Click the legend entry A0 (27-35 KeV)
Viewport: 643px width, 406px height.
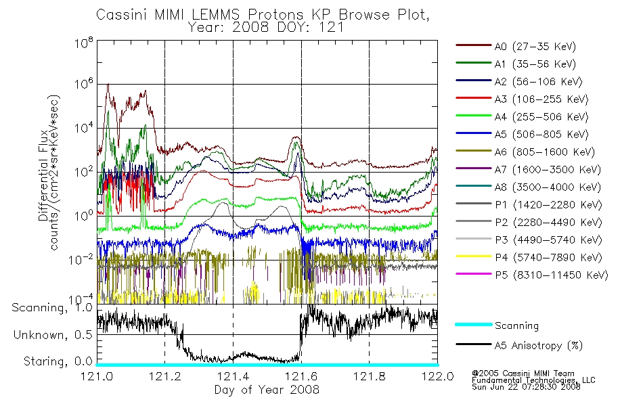click(x=516, y=46)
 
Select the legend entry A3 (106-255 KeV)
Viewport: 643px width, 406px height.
click(x=522, y=99)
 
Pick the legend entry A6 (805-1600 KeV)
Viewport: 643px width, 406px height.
click(x=525, y=152)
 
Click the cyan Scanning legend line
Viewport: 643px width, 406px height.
click(x=474, y=324)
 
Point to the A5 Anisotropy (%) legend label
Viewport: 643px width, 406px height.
click(x=539, y=345)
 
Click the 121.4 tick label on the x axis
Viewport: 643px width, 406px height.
click(x=233, y=376)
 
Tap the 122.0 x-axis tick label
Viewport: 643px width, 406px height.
click(x=437, y=376)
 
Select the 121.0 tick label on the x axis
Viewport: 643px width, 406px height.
click(x=97, y=376)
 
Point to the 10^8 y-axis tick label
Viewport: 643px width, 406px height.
click(x=84, y=43)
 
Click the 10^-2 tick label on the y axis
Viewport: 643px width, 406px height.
click(x=81, y=260)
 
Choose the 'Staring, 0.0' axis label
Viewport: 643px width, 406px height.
click(x=58, y=361)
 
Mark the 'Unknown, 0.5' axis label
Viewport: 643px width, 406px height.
click(x=53, y=335)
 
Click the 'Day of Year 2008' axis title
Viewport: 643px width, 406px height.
click(x=267, y=389)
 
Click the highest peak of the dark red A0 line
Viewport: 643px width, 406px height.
click(x=108, y=84)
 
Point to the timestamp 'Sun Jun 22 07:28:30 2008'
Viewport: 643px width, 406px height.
click(x=526, y=386)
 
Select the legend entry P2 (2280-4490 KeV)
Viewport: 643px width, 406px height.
click(x=529, y=222)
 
